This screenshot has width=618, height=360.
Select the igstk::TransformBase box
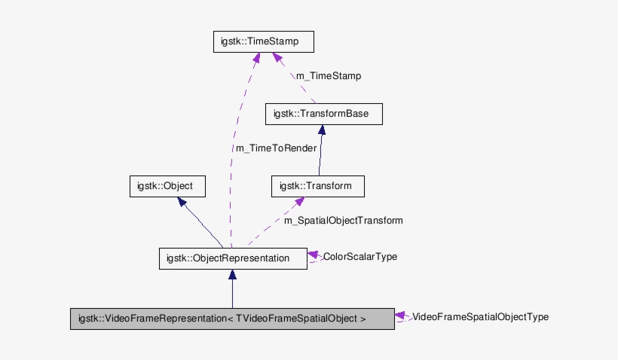[324, 114]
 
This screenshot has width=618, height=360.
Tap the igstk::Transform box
[317, 186]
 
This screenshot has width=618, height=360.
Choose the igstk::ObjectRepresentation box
[232, 258]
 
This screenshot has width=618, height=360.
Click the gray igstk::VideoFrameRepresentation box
[231, 319]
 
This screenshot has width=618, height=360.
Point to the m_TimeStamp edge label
[328, 76]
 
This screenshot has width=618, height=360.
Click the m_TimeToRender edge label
[276, 148]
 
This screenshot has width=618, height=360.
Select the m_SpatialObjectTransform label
[343, 221]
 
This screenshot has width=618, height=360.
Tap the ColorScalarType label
[359, 257]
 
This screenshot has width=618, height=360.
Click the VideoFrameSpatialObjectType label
[480, 317]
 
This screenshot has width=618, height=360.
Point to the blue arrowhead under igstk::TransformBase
[322, 130]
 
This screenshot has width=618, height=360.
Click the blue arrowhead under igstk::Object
[181, 203]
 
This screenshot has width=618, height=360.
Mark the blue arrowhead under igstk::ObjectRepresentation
[232, 275]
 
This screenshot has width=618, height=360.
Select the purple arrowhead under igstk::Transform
[299, 203]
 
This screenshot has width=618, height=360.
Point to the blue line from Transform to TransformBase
[320, 154]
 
